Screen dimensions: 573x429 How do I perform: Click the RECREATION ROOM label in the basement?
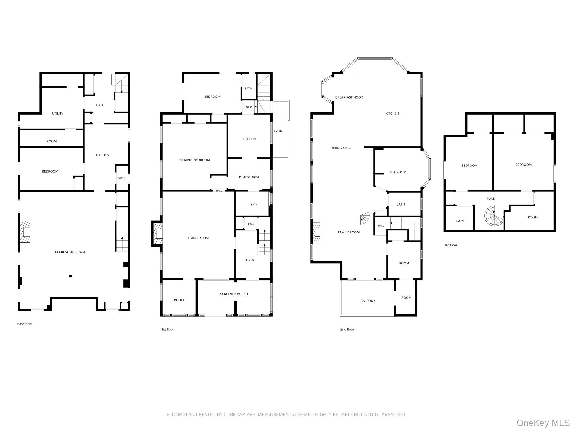[70, 252]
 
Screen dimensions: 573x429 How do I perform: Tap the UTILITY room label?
[58, 113]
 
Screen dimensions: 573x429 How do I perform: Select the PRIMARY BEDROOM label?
[194, 160]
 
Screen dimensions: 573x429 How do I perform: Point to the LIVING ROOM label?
[198, 238]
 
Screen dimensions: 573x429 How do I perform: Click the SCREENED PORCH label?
[234, 294]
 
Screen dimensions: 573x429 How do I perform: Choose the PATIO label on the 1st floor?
[279, 131]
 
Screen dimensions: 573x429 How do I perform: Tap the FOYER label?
[249, 260]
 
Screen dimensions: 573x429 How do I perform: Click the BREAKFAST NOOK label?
[349, 97]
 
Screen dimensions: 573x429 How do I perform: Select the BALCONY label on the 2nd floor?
[368, 301]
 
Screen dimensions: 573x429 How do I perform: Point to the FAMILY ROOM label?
[349, 232]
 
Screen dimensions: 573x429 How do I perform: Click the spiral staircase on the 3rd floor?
[494, 216]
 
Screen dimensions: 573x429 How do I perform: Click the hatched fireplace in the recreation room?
[25, 232]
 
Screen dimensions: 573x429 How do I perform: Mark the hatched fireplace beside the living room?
[157, 233]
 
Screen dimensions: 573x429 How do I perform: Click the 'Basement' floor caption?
[25, 324]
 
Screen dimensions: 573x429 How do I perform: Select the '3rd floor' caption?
[451, 245]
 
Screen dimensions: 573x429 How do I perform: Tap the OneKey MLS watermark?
[543, 423]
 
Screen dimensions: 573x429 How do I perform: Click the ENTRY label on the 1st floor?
[248, 107]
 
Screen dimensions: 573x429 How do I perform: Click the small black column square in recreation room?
[71, 276]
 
